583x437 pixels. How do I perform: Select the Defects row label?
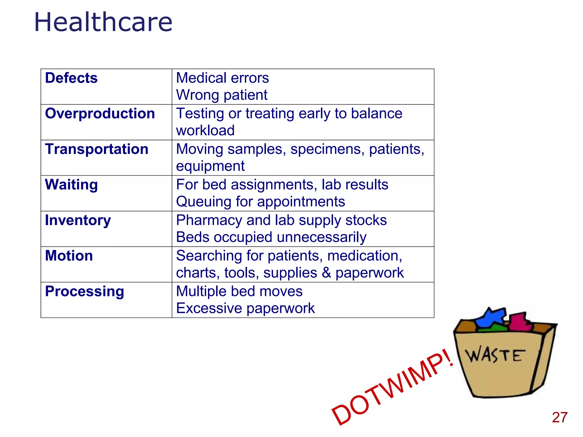pos(71,78)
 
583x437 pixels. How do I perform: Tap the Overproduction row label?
pos(100,114)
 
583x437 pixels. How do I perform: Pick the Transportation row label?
pos(97,149)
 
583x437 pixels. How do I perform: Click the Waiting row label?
pos(71,185)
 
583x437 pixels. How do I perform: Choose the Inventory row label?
pos(78,220)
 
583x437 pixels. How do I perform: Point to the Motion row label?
pos(69,256)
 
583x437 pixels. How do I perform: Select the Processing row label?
pos(85,291)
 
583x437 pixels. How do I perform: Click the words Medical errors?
pos(222,78)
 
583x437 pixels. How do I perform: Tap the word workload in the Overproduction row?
pos(205,131)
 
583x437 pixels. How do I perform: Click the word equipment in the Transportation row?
pos(210,166)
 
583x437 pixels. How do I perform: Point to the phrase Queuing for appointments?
pos(260,202)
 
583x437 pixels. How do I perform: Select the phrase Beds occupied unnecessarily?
pos(271,237)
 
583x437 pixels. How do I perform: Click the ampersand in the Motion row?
pos(326,273)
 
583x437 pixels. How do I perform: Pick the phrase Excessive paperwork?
pos(245,308)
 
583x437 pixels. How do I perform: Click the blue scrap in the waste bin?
pos(491,317)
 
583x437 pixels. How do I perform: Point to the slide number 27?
pos(560,418)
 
